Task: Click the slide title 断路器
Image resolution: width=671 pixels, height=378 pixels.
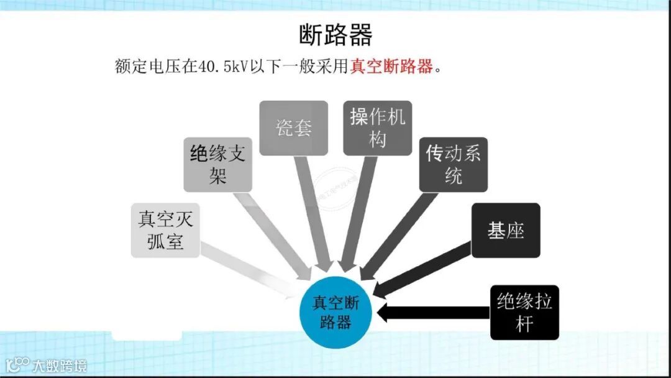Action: coord(335,35)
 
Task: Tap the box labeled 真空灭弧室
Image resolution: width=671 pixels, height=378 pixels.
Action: coord(165,230)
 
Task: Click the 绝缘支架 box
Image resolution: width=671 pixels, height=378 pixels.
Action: coord(217,164)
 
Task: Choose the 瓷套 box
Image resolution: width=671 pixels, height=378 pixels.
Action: coord(293,129)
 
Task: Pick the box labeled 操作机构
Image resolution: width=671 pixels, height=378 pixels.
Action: coord(377,128)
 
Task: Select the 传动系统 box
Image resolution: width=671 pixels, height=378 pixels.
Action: coord(453,164)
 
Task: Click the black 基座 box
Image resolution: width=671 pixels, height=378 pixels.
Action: coord(505,230)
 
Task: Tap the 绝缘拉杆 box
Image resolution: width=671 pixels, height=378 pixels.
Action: coord(524,312)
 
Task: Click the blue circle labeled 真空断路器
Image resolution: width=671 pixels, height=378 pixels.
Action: coord(335,312)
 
